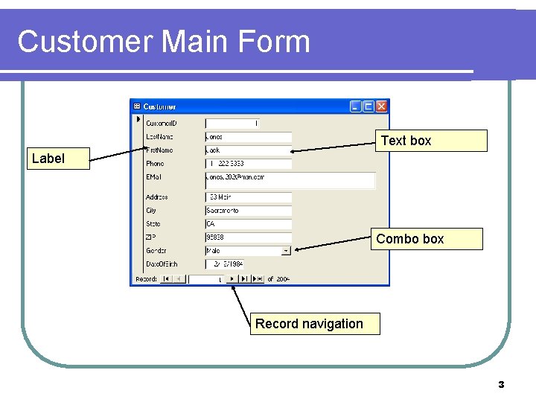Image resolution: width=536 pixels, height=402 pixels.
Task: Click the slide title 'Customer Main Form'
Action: point(163,42)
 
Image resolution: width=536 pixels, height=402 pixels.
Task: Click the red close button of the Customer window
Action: point(381,106)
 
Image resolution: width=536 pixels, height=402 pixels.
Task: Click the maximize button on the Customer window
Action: point(368,106)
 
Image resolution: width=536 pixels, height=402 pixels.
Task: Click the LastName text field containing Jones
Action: point(248,137)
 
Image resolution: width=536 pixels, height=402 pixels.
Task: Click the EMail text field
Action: point(290,180)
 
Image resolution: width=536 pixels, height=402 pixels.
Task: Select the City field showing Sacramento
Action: point(248,211)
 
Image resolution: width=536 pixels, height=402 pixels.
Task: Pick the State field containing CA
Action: point(248,224)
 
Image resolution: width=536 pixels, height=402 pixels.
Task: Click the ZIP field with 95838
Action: point(248,237)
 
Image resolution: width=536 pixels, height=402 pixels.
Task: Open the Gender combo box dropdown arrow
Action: point(287,251)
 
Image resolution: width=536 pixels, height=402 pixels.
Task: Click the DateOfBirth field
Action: point(225,264)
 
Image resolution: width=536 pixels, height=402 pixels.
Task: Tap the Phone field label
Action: point(155,164)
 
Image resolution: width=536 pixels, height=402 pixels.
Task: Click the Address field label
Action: point(156,197)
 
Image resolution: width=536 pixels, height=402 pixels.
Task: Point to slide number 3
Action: point(501,385)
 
